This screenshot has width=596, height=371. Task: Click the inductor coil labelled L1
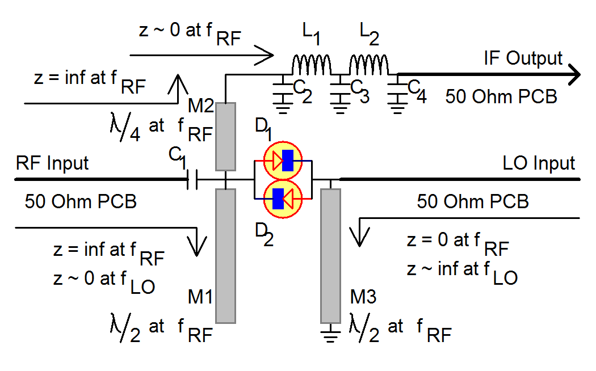(x=311, y=64)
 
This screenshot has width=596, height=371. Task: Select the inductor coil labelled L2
(x=368, y=64)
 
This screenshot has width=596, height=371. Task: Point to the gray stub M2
(x=225, y=136)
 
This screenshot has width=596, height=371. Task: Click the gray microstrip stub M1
(x=225, y=255)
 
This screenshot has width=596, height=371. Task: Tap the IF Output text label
(x=523, y=58)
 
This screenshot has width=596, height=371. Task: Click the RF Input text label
(x=52, y=163)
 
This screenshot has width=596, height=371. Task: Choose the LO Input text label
(x=539, y=163)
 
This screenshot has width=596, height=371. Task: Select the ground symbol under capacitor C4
(x=396, y=104)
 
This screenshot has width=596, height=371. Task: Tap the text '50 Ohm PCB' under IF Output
(x=501, y=96)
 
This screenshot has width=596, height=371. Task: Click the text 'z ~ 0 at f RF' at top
(x=190, y=32)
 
